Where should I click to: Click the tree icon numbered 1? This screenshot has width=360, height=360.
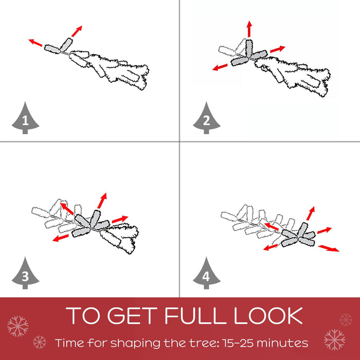pos(25,119)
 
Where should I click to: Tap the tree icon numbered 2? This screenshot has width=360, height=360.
pos(206,119)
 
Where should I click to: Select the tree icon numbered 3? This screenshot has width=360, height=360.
pos(25,274)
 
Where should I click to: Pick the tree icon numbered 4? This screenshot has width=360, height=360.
pos(206,274)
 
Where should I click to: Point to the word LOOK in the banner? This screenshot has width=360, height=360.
pos(268,316)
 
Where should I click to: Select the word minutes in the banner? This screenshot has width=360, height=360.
pos(282,343)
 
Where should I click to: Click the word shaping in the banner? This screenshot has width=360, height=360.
pos(136,344)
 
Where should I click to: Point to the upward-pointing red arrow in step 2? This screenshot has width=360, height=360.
pos(249,29)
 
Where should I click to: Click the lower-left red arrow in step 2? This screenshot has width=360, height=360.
pos(220,67)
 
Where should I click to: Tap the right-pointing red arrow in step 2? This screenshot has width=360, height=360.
pos(278,49)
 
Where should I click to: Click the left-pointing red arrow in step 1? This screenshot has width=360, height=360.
pos(35,43)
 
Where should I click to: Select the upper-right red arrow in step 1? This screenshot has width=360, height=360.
pos(77,31)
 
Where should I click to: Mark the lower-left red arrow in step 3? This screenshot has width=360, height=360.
pos(60,238)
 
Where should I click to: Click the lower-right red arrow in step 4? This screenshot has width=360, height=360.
pos(329,248)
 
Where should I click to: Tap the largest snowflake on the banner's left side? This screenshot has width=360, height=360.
pos(17,326)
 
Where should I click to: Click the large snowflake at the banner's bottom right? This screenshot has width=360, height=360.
pos(334,340)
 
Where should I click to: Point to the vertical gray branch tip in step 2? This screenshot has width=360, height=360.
pos(249,48)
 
